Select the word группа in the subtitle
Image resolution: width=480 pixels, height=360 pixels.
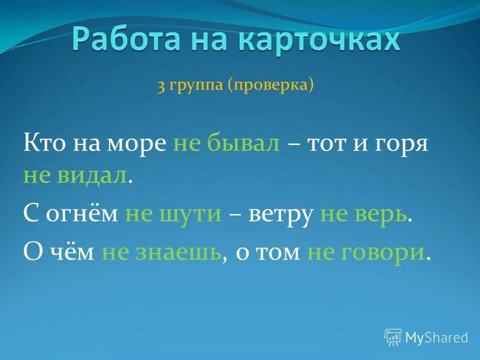point(197,86)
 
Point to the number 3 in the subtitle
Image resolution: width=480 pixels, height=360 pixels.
point(161,86)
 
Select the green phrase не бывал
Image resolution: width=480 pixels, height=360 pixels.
point(226,144)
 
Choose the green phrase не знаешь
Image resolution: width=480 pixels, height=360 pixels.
point(161,252)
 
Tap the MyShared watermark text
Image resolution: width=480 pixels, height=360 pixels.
point(436,337)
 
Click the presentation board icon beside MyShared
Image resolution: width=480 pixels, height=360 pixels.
point(392,337)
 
